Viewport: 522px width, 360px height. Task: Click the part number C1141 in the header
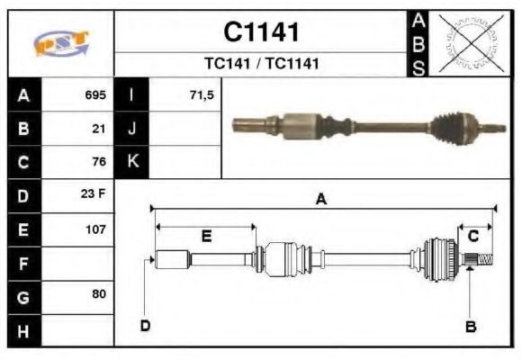(x=261, y=33)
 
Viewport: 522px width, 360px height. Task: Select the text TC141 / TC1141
(x=261, y=65)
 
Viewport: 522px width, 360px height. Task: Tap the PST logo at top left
(x=60, y=43)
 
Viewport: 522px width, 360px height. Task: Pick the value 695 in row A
(x=95, y=94)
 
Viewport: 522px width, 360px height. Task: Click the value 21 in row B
(x=99, y=128)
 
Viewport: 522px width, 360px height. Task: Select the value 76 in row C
(x=99, y=162)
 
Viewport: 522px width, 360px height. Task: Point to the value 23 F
(x=95, y=194)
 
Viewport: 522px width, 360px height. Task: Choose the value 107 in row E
(x=95, y=229)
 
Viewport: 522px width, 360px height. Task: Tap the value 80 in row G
(x=99, y=294)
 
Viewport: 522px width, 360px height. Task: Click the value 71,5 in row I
(x=202, y=94)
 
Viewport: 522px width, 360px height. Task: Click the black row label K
(x=133, y=162)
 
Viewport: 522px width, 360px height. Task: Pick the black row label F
(x=23, y=263)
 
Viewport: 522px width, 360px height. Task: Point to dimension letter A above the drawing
(x=321, y=201)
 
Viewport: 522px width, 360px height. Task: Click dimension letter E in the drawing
(x=206, y=236)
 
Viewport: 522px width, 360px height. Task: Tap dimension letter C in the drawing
(x=473, y=236)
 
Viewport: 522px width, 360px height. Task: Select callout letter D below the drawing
(x=145, y=325)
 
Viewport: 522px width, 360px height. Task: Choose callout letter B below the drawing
(x=470, y=326)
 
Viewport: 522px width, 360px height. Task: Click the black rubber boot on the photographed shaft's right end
(x=447, y=129)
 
